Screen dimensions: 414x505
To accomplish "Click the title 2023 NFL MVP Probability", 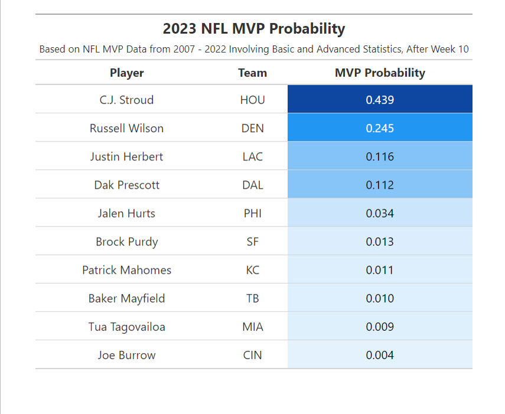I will pos(253,28).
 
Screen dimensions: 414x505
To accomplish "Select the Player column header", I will pos(126,73).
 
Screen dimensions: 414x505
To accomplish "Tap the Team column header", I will pos(252,73).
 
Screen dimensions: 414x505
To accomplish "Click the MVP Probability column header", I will pos(380,73).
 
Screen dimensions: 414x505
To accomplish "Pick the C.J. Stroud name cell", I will pos(126,100).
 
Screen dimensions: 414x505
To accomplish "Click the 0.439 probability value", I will pos(380,100).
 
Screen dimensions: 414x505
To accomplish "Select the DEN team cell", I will pos(252,128).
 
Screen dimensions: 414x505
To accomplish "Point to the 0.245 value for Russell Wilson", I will pos(380,128).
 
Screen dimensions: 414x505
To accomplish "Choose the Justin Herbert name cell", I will pos(126,156).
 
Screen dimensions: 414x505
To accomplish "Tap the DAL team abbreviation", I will pos(252,185).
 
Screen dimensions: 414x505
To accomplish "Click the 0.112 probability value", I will pos(380,185).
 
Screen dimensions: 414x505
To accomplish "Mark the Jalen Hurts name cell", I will pos(126,213).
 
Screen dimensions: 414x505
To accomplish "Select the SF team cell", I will pos(252,241).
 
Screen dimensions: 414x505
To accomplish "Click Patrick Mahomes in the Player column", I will pos(126,270).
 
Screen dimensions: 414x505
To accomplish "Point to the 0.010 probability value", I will pos(380,298).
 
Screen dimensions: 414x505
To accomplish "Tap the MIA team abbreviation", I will pos(252,327).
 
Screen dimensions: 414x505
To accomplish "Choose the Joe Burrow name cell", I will pos(126,355).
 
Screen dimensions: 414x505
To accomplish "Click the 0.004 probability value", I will pos(380,355).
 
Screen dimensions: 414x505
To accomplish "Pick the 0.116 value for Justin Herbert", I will pos(380,156).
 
